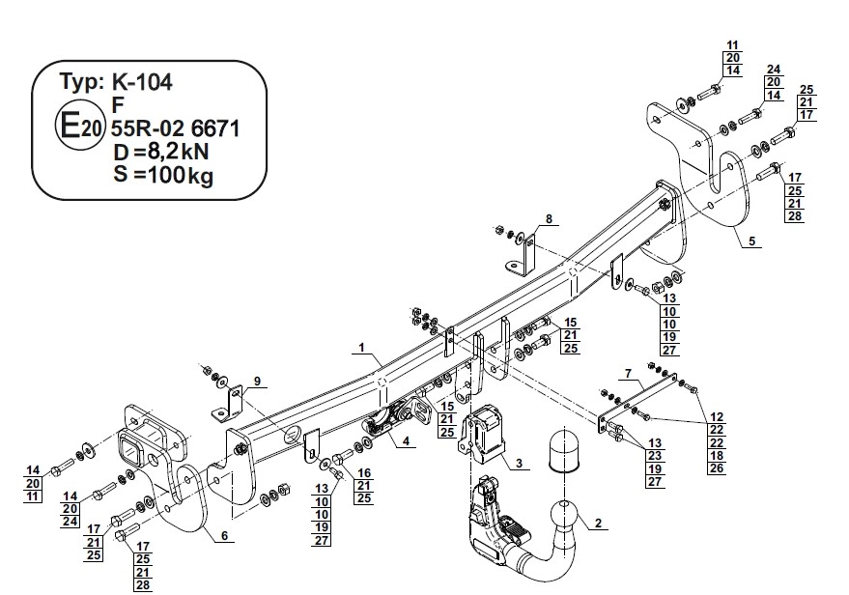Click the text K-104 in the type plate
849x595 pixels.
point(142,82)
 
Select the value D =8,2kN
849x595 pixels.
point(160,152)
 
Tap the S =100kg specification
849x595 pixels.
point(163,175)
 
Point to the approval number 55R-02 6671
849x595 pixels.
point(176,128)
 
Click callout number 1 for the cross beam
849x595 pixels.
point(361,348)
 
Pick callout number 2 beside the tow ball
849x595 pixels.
point(598,523)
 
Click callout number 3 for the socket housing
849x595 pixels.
point(519,463)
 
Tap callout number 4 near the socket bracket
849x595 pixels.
point(406,440)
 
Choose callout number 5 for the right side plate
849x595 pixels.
point(752,241)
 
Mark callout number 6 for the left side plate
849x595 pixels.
point(224,536)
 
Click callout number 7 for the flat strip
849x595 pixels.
point(628,374)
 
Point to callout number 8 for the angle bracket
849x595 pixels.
point(549,218)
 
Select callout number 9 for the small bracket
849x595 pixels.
point(257,382)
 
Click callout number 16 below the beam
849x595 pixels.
point(364,472)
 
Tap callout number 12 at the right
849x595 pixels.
point(717,417)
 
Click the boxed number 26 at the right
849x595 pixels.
point(717,468)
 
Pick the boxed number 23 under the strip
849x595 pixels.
point(655,456)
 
